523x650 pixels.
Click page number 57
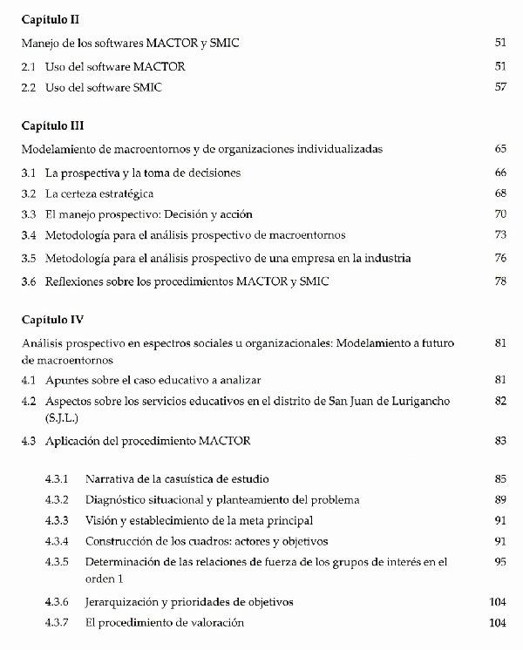tap(499, 87)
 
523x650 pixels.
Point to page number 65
tap(499, 149)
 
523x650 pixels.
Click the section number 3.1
tap(29, 173)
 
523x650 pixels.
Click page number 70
tap(499, 213)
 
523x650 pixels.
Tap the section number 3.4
tap(29, 234)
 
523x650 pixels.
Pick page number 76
tap(499, 258)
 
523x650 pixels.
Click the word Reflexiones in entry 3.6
tap(76, 281)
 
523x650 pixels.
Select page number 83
tap(499, 441)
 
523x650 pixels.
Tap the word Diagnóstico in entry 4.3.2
tap(116, 500)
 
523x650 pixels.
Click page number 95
tap(499, 562)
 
